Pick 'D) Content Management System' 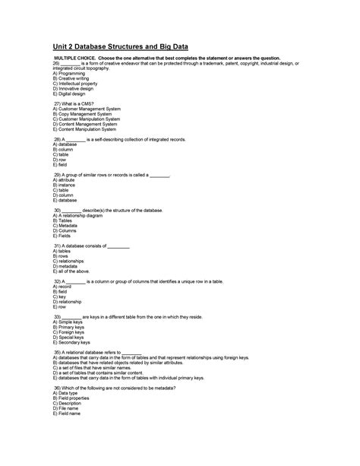86,124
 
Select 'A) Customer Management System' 87,109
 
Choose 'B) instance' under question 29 65,185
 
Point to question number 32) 58,281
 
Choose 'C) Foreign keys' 71,332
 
